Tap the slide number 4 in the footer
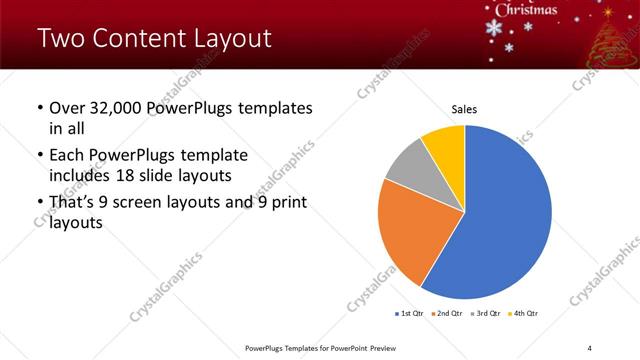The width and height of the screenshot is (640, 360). click(x=589, y=348)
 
